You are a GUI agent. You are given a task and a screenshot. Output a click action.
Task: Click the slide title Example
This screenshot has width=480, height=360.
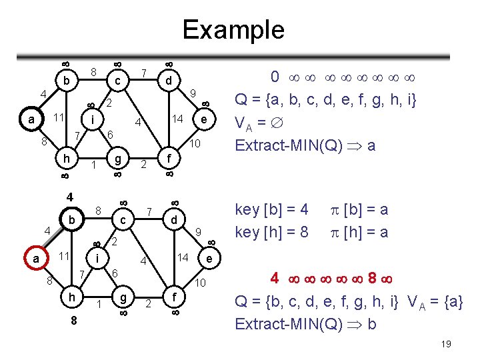coord(233,29)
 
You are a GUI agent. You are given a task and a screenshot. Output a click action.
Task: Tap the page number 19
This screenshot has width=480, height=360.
coord(446,343)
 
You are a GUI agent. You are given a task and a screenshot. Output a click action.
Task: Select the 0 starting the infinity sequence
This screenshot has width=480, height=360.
coord(274,77)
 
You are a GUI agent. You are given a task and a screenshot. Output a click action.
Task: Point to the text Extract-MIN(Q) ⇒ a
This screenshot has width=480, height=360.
coord(304,145)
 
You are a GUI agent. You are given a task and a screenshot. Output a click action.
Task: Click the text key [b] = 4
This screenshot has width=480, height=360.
coord(272,209)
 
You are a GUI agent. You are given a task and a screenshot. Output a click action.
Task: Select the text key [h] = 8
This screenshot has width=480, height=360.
coord(272,232)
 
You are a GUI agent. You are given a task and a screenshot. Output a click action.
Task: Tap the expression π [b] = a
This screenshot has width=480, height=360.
coord(359,209)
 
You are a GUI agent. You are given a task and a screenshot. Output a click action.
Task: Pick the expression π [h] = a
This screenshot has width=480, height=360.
coord(359,232)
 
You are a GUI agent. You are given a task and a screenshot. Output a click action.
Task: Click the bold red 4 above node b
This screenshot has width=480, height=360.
coord(69,198)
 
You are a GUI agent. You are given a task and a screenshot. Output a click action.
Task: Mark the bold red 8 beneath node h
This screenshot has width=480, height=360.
coord(75,320)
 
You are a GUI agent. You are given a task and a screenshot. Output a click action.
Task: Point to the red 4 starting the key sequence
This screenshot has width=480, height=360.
coord(274,277)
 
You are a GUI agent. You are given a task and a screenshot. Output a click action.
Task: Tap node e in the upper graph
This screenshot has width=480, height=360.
coord(201,119)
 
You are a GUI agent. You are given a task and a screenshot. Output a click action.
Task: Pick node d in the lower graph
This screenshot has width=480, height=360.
coord(173,220)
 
